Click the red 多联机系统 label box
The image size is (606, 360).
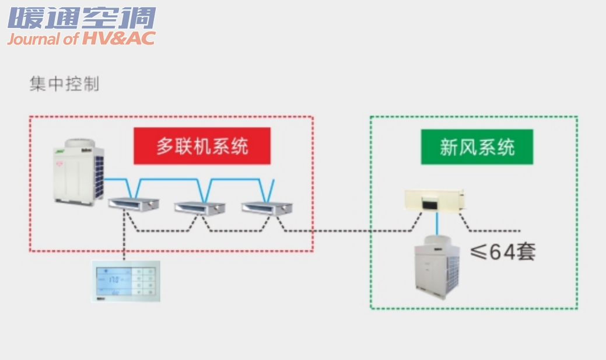(x=202, y=145)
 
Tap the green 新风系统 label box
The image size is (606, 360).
(x=477, y=146)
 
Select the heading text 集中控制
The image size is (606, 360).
(x=64, y=84)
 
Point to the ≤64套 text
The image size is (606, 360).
(x=503, y=251)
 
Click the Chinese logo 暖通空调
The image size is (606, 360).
(x=82, y=18)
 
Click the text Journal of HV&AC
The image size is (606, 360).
(x=81, y=39)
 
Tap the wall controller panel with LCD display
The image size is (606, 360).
(x=127, y=281)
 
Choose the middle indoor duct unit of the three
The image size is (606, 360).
(x=200, y=207)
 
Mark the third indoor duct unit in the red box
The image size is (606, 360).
(x=267, y=207)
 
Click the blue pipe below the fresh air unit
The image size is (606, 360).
(x=437, y=223)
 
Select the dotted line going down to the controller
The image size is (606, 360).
(x=124, y=239)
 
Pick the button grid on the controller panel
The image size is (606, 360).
(x=144, y=281)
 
